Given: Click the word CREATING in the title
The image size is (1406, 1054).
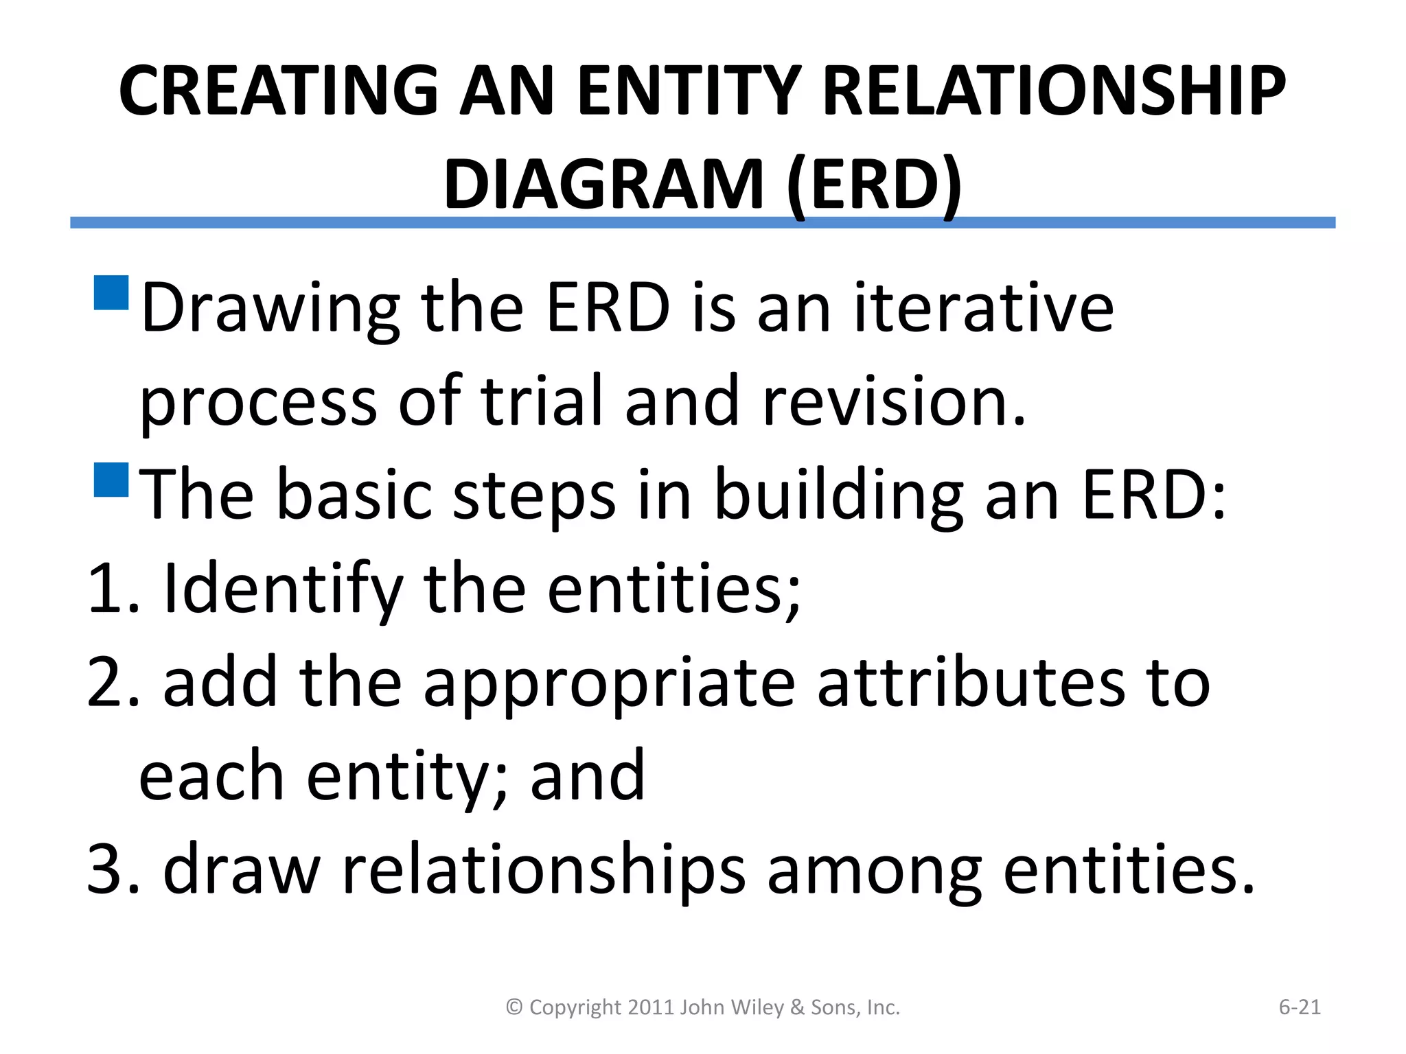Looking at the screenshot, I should [278, 91].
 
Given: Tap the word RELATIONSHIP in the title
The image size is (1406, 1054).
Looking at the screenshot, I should [1053, 91].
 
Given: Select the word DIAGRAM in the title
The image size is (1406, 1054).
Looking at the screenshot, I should [603, 184].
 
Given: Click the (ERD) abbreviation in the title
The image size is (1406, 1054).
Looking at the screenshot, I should [874, 184].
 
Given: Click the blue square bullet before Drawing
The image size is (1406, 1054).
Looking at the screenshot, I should [111, 293].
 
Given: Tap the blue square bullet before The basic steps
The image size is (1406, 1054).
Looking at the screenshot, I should [111, 480].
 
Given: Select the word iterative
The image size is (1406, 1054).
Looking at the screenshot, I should [983, 309].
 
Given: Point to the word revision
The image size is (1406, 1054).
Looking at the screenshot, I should [894, 402].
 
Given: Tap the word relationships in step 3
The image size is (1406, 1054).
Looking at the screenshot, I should [543, 870].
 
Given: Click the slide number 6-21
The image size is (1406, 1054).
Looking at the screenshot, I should [1299, 1007].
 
